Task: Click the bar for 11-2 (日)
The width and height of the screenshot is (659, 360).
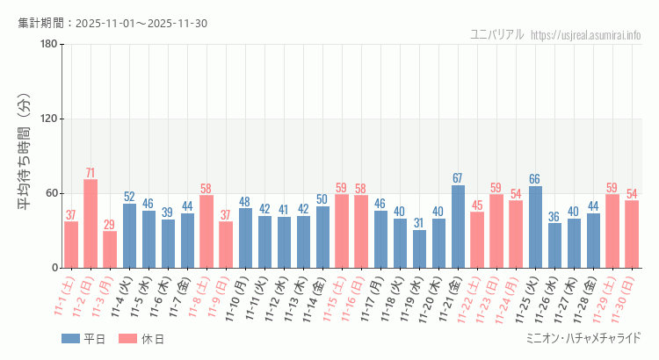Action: (x=91, y=224)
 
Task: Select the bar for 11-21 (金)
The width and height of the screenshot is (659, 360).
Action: (x=458, y=227)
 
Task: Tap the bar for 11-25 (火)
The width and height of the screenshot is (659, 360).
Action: (x=535, y=227)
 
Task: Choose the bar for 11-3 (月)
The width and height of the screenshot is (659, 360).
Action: (x=110, y=249)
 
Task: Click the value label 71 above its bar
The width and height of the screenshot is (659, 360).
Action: (x=91, y=172)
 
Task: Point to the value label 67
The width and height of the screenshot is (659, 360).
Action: (x=458, y=178)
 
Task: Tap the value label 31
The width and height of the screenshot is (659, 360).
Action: (x=419, y=223)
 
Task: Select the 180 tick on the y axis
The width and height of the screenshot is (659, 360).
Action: (x=49, y=45)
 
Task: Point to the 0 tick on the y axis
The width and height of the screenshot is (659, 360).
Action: (x=54, y=268)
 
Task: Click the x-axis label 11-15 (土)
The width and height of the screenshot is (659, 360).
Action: (x=334, y=297)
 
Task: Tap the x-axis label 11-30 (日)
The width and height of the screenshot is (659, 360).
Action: (x=624, y=297)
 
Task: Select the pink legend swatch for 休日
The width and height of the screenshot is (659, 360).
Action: (x=127, y=338)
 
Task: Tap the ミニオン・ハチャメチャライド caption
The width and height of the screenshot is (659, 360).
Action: (x=583, y=338)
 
